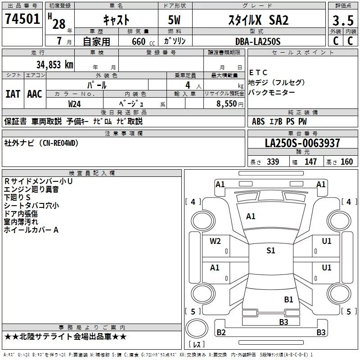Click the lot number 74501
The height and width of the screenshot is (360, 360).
pyautogui.click(x=22, y=19)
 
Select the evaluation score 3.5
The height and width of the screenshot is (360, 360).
pyautogui.click(x=342, y=21)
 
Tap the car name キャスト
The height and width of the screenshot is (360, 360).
pyautogui.click(x=116, y=20)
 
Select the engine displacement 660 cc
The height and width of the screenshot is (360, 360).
pyautogui.click(x=137, y=41)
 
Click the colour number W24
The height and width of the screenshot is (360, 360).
pyautogui.click(x=75, y=103)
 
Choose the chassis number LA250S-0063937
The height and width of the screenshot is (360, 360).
pyautogui.click(x=302, y=143)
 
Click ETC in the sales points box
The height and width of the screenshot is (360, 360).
pyautogui.click(x=258, y=72)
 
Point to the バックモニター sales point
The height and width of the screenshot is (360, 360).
pyautogui.click(x=272, y=92)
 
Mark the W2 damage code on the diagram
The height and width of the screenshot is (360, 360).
pyautogui.click(x=215, y=241)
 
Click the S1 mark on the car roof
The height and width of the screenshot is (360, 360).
pyautogui.click(x=270, y=251)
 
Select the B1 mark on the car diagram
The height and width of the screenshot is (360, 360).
pyautogui.click(x=288, y=299)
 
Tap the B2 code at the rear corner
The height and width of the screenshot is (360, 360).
pyautogui.click(x=221, y=333)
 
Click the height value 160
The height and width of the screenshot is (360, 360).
pyautogui.click(x=346, y=162)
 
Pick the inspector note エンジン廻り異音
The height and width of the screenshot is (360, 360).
pyautogui.click(x=31, y=189)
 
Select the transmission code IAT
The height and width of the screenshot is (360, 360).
pyautogui.click(x=13, y=94)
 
